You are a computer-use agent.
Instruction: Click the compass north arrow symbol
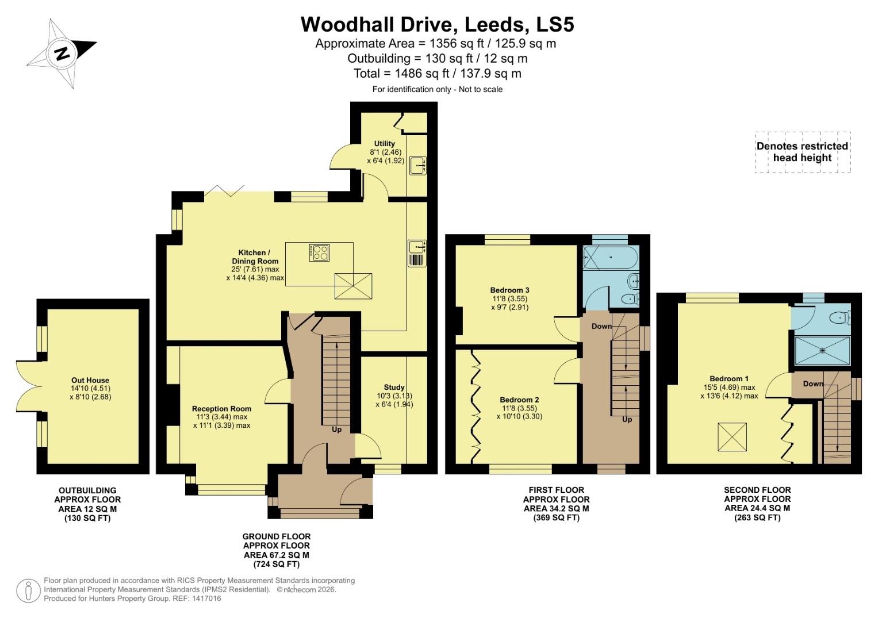click(x=62, y=53)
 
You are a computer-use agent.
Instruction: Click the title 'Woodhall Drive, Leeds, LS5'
click(x=438, y=24)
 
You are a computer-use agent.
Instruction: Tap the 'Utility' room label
click(x=385, y=144)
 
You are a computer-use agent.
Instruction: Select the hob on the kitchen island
click(x=320, y=252)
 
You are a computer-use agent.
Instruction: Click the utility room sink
click(x=418, y=166)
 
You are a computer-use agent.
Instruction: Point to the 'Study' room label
click(x=394, y=387)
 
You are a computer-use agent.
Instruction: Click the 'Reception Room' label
click(x=221, y=409)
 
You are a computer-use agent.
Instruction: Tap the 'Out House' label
click(x=90, y=380)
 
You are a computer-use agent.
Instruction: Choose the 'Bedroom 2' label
click(x=519, y=400)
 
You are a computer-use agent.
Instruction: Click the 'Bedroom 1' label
click(x=729, y=378)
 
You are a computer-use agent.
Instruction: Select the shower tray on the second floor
click(x=822, y=351)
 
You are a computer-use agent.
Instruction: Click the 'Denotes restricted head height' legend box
click(x=802, y=152)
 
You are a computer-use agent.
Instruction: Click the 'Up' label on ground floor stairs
click(x=336, y=429)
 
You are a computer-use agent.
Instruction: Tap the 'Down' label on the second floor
click(x=813, y=384)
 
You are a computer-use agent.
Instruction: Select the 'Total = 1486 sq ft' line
click(x=438, y=74)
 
